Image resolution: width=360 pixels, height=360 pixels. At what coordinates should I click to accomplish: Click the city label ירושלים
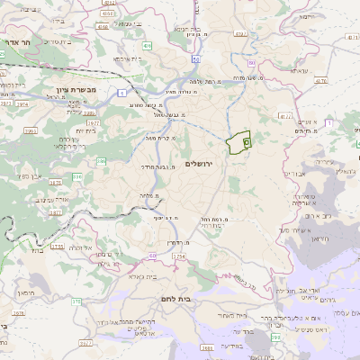202,164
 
